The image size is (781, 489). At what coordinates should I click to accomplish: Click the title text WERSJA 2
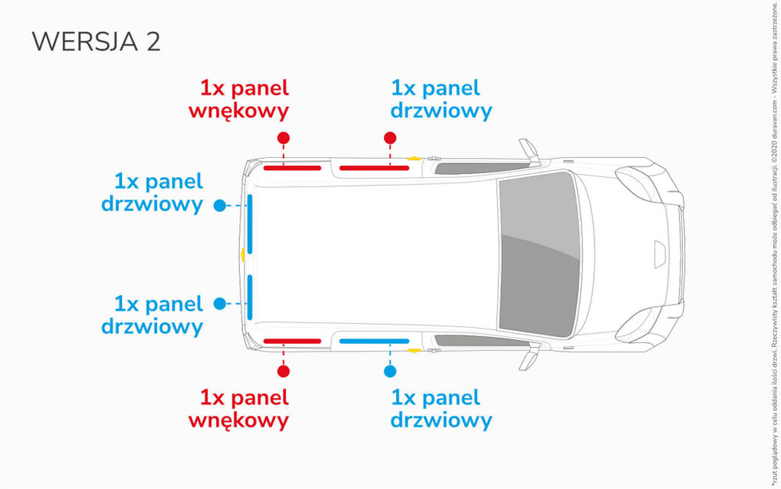click(96, 42)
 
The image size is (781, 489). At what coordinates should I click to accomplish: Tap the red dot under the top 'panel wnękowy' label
click(305, 138)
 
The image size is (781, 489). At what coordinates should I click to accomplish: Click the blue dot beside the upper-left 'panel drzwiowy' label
click(220, 206)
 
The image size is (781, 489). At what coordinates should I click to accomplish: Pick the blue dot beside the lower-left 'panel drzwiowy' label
click(220, 304)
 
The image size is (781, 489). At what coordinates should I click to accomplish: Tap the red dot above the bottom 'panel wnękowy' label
click(283, 371)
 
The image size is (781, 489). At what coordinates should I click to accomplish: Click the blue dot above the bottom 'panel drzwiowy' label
click(390, 371)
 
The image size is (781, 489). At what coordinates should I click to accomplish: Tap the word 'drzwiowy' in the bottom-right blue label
click(441, 420)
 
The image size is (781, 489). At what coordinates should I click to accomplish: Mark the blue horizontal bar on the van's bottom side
click(374, 341)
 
